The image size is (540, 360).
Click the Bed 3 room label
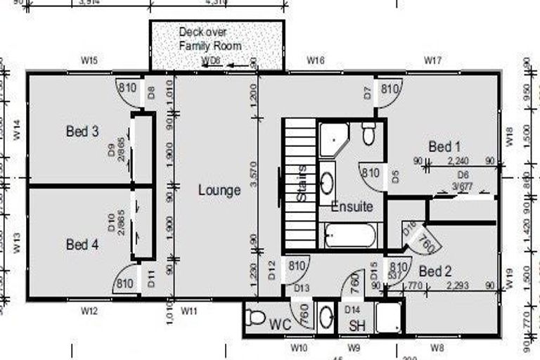pyautogui.click(x=82, y=131)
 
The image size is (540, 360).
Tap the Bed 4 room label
pyautogui.click(x=82, y=245)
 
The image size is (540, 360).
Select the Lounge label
pyautogui.click(x=219, y=190)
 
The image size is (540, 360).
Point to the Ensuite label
pyautogui.click(x=352, y=207)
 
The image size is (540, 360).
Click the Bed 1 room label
pyautogui.click(x=444, y=147)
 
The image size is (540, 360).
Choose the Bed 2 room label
pyautogui.click(x=435, y=271)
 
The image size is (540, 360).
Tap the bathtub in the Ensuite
pyautogui.click(x=350, y=236)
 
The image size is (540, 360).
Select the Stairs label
pyautogui.click(x=302, y=184)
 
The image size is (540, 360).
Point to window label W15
pyautogui.click(x=89, y=61)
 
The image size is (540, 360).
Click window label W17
pyautogui.click(x=432, y=61)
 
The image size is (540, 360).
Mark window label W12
pyautogui.click(x=88, y=310)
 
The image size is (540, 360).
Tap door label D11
pyautogui.click(x=150, y=284)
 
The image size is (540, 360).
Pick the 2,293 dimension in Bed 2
pyautogui.click(x=461, y=285)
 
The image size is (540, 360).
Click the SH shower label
pyautogui.click(x=357, y=326)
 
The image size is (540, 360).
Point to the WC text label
pyautogui.click(x=280, y=325)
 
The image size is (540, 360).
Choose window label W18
pyautogui.click(x=510, y=134)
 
